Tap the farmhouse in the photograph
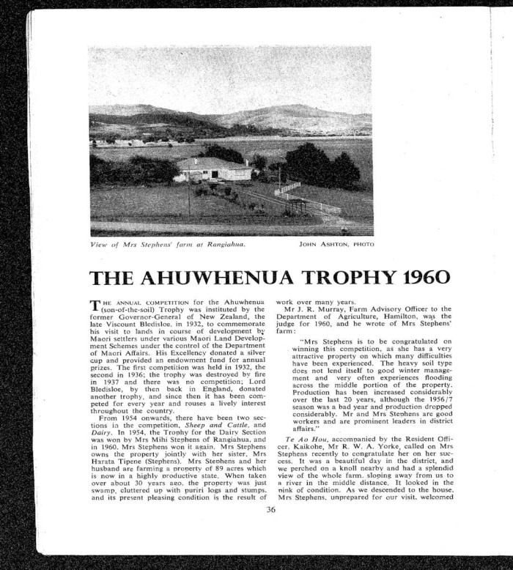pos(213,169)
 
